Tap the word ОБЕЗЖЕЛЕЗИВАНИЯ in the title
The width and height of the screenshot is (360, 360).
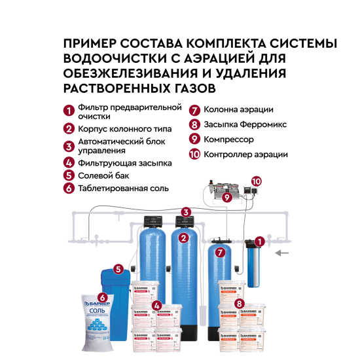coord(128,73)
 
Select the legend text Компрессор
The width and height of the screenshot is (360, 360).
coord(230,139)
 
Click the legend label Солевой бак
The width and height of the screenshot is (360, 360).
coord(103,175)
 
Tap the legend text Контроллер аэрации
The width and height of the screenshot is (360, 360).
coord(245,154)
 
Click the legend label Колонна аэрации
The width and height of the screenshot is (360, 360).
coord(238,109)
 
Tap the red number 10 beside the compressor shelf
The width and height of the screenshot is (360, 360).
coord(256,180)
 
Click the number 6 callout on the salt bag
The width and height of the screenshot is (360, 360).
coord(102,297)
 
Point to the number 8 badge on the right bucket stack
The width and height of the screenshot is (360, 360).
coord(240,303)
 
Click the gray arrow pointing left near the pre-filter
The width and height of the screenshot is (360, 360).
coord(282,251)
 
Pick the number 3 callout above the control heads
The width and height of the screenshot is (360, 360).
coord(187,212)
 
